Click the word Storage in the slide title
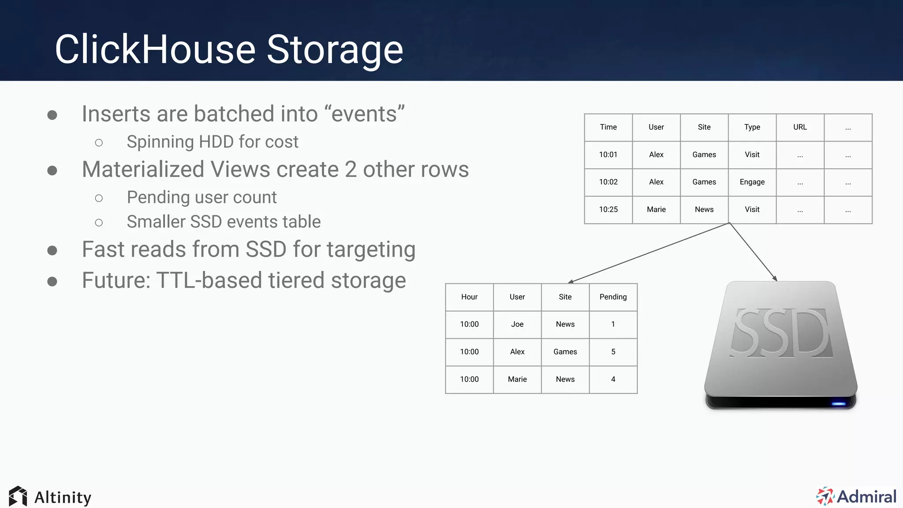pos(335,49)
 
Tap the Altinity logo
pos(50,497)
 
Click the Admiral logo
pos(856,497)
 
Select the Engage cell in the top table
pos(752,182)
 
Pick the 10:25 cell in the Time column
pos(608,209)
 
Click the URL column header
pos(800,127)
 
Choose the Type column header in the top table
pos(752,127)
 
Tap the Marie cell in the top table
pos(656,209)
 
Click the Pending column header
pos(613,297)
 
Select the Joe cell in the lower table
pos(517,324)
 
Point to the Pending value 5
pos(613,352)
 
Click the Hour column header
pos(469,297)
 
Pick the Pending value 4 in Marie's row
pos(613,379)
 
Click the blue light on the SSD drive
pos(838,403)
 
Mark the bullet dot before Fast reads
pos(52,250)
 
